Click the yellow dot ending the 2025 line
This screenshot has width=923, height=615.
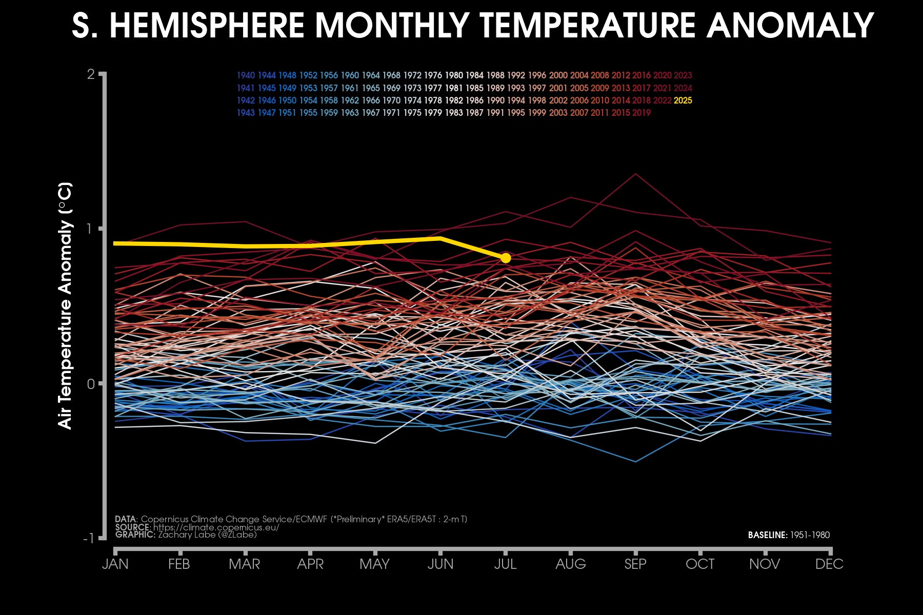pos(506,258)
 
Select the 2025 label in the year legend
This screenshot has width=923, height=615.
pos(683,100)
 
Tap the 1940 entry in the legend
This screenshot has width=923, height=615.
pos(246,75)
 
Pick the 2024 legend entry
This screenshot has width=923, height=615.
pos(683,88)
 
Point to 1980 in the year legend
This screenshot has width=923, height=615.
pos(454,75)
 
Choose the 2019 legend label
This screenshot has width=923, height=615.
pos(641,113)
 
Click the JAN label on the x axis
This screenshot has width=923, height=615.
pos(115,564)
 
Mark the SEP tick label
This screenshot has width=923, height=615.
pos(635,564)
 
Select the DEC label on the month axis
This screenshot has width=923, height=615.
pos(829,564)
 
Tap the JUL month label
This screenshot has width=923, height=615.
pos(505,564)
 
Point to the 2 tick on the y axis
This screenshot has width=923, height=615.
pos(91,75)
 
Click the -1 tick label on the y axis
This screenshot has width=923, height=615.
pos(88,539)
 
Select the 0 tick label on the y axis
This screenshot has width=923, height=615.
pos(91,384)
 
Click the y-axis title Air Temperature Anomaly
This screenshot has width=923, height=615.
pos(65,305)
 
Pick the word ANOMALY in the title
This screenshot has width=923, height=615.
pos(790,26)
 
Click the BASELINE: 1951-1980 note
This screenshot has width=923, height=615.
pos(789,535)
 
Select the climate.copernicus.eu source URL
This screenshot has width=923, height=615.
pos(216,527)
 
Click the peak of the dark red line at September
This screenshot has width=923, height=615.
pos(636,174)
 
